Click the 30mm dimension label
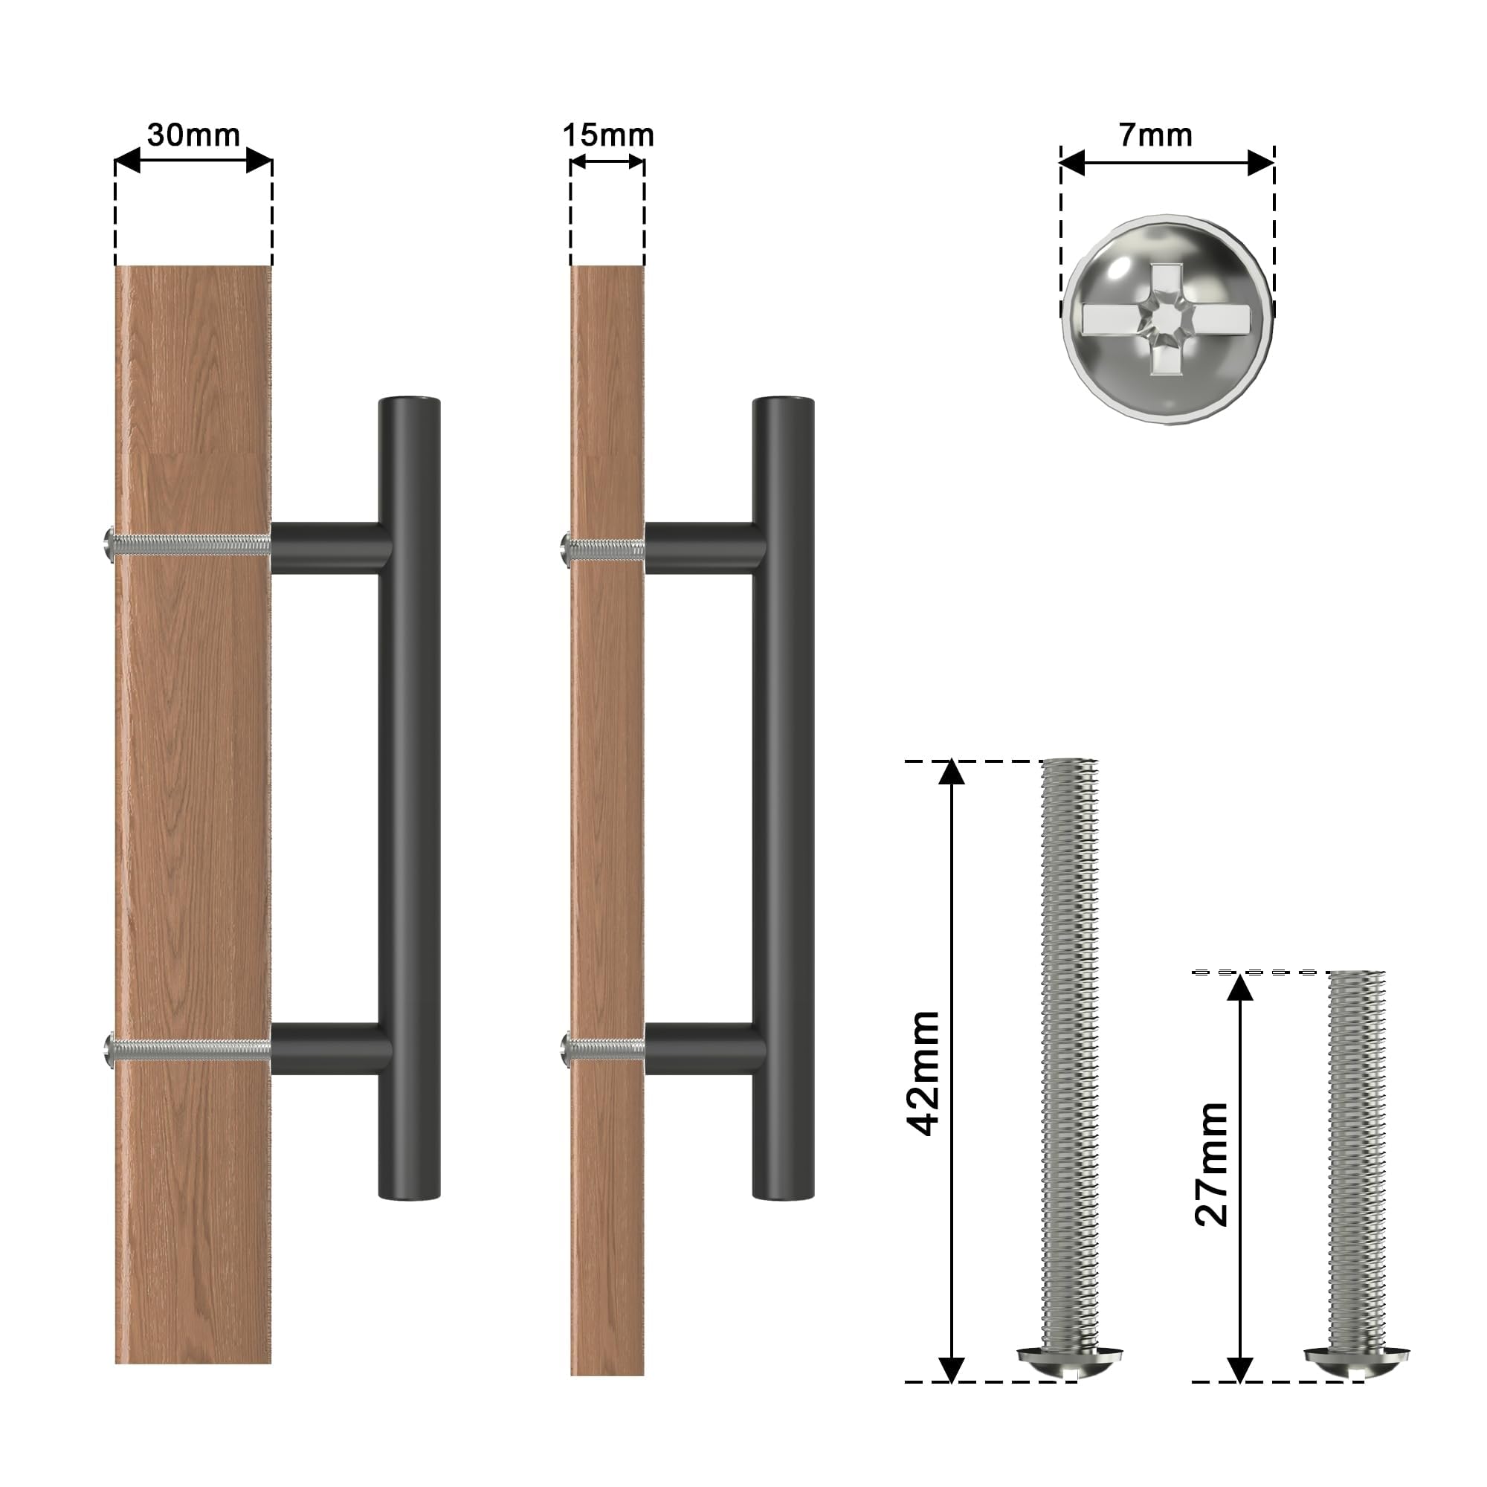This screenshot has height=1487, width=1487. (193, 135)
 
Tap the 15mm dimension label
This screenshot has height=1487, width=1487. (608, 135)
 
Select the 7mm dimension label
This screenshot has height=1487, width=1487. (1155, 135)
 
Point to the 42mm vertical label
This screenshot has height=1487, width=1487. (924, 1074)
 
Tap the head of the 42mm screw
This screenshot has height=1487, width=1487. (1072, 1363)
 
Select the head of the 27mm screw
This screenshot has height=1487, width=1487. (1357, 1363)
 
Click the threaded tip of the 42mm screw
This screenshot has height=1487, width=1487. (1070, 764)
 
